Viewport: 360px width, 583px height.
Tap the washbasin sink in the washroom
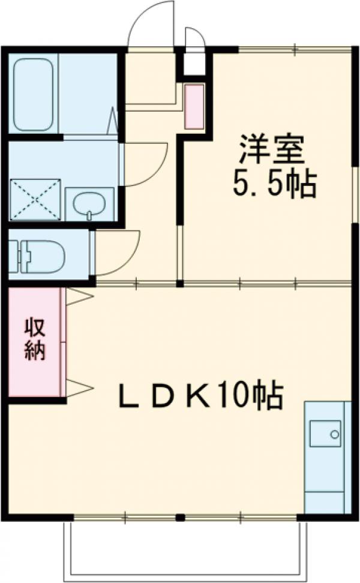pos(89,204)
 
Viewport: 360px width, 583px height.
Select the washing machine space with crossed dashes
pos(35,199)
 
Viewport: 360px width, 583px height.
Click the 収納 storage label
pos(35,340)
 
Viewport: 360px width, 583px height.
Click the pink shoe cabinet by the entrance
pos(194,107)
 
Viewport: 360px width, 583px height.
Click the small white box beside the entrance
pos(194,64)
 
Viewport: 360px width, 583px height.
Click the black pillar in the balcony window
pos(180,516)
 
